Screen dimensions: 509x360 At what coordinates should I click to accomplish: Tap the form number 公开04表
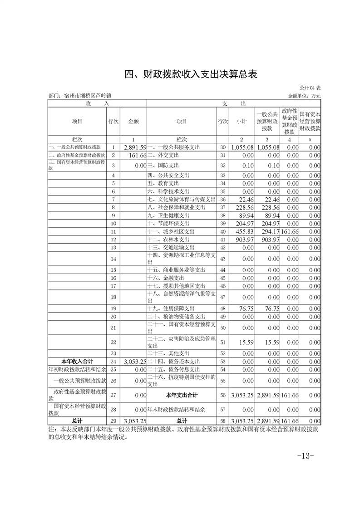coord(310,88)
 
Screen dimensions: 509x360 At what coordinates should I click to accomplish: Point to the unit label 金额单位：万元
coord(304,96)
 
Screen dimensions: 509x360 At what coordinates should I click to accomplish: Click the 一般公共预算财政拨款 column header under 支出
coord(266,121)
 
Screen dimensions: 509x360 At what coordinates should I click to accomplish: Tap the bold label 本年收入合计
coord(77,361)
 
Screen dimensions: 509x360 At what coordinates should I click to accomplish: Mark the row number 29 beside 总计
coord(113,421)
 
